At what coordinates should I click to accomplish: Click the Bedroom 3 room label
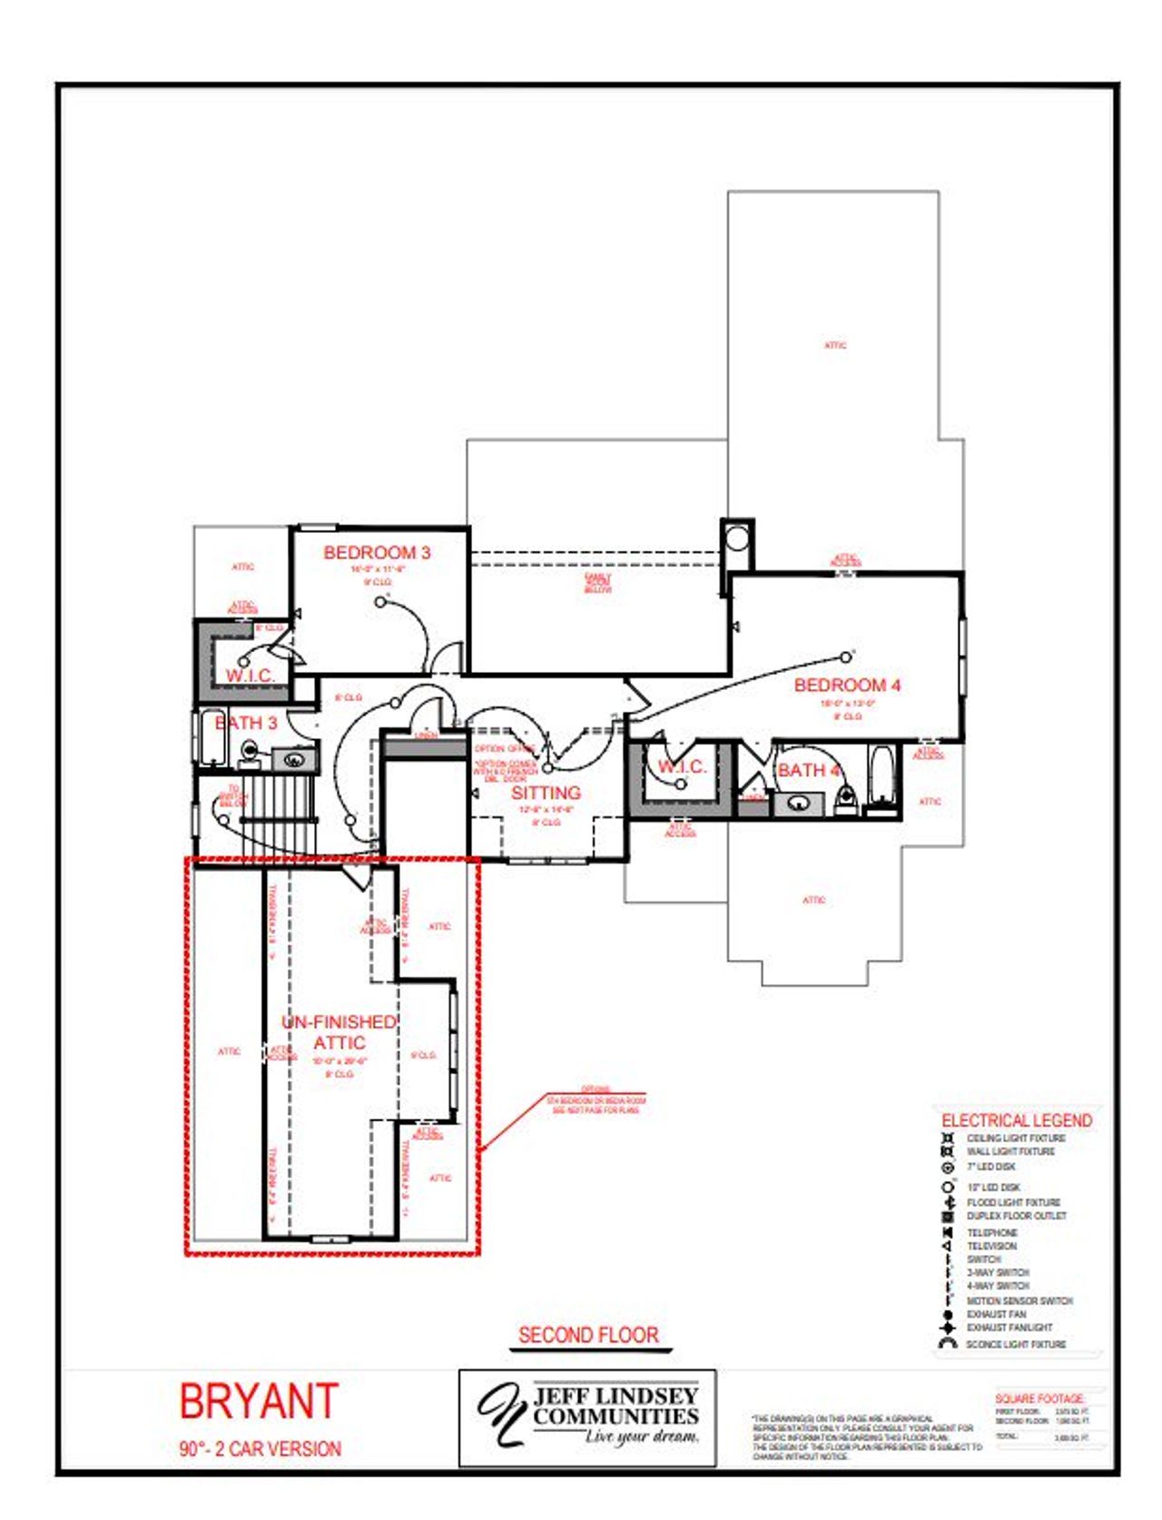tap(377, 552)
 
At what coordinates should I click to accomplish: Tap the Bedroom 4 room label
tap(847, 685)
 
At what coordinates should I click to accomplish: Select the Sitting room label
tap(546, 792)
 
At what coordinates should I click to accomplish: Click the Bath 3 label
tap(245, 723)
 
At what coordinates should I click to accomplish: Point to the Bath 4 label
tap(808, 770)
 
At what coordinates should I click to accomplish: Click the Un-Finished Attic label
tap(339, 1032)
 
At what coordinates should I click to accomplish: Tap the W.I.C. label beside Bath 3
tap(250, 676)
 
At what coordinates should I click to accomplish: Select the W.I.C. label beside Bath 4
tap(682, 766)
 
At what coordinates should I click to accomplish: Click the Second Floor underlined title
tap(588, 1335)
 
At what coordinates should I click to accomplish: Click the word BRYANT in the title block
tap(259, 1401)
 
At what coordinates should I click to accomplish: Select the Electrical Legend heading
tap(1016, 1120)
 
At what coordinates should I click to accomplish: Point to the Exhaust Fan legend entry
tap(996, 1314)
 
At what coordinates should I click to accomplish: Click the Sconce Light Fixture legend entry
tap(1015, 1344)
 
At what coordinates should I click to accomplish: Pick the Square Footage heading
tap(1039, 1398)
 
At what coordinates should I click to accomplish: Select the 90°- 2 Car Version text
tap(260, 1448)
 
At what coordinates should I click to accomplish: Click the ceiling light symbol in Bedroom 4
tap(846, 656)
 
